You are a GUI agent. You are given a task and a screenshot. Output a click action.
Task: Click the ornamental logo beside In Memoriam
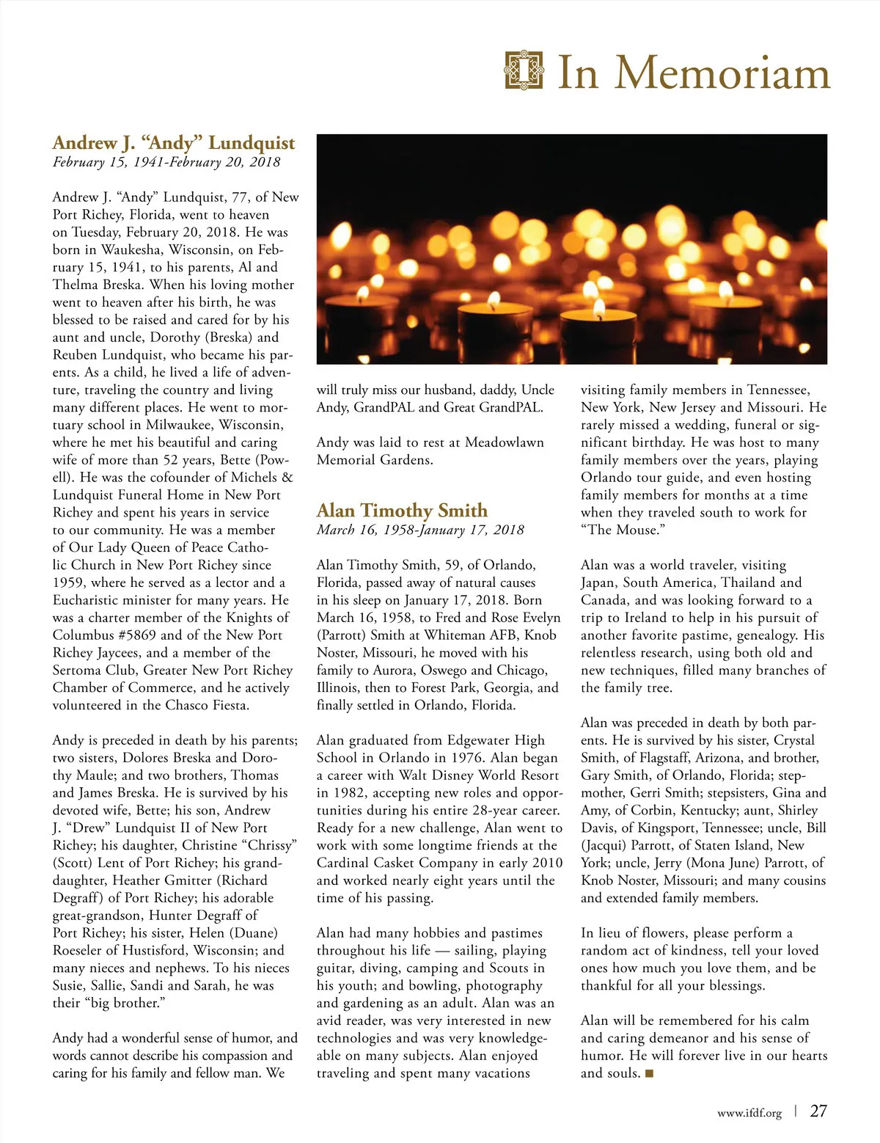(x=524, y=70)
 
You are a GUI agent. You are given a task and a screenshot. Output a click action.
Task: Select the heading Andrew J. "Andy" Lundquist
(x=174, y=142)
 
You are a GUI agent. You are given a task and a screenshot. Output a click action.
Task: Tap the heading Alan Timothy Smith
(x=402, y=511)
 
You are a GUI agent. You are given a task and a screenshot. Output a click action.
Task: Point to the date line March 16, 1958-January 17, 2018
(x=420, y=530)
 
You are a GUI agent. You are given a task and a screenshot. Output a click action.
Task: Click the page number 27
(x=818, y=1111)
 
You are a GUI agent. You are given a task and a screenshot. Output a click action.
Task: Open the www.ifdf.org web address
(x=749, y=1113)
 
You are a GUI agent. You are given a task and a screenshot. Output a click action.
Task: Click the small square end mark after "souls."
(x=648, y=1074)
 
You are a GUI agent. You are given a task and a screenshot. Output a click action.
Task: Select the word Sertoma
(x=78, y=671)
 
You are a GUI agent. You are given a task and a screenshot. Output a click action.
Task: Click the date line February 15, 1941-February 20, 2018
(x=166, y=162)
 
